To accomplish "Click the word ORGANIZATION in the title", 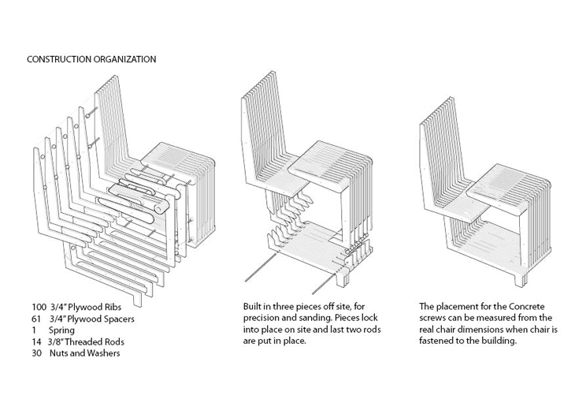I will click(124, 59).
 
